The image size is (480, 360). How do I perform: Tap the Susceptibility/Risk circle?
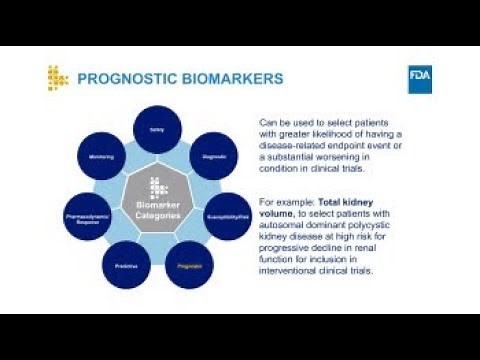228,215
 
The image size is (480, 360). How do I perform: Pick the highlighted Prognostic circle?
189,266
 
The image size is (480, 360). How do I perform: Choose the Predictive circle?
125,266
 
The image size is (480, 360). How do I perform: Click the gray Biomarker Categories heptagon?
156,206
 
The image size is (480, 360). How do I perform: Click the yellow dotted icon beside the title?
58,78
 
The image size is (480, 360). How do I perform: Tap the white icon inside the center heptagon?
156,186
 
